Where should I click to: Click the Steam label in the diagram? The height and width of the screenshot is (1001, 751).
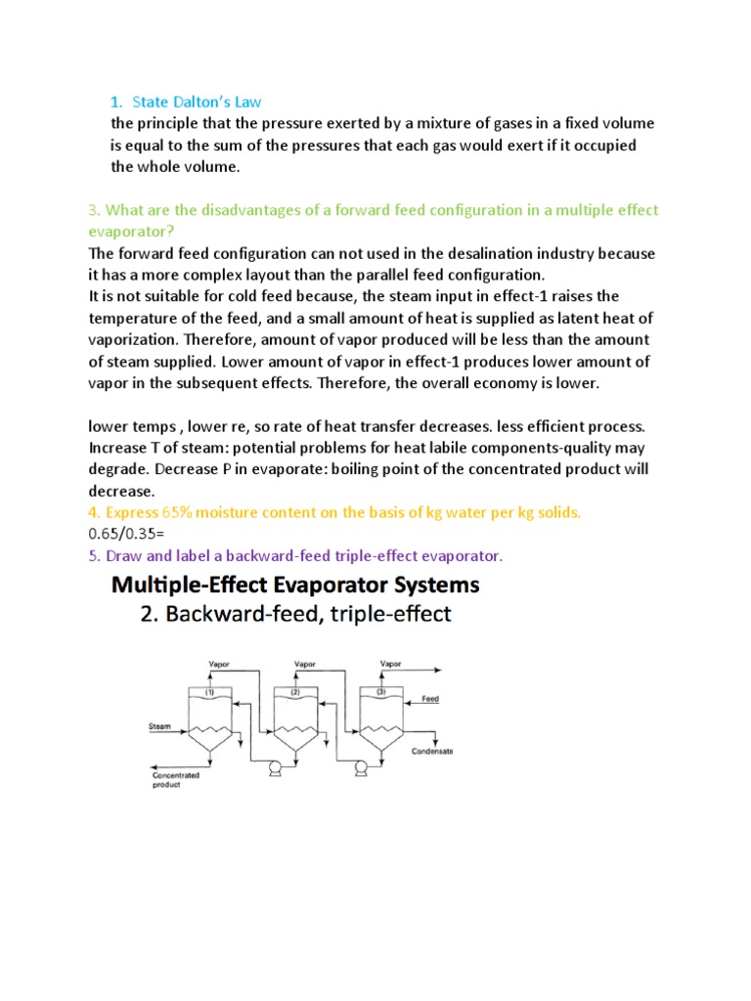[159, 726]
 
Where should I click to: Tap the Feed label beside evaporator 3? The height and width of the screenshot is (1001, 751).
[429, 699]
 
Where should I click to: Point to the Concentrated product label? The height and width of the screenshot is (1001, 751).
[176, 779]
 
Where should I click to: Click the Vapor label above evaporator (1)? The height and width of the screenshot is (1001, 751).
[219, 663]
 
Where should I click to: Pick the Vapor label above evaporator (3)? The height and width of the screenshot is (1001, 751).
[390, 663]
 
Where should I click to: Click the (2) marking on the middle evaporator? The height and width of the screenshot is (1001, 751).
[295, 692]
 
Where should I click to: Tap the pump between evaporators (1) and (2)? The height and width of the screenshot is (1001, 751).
[275, 767]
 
